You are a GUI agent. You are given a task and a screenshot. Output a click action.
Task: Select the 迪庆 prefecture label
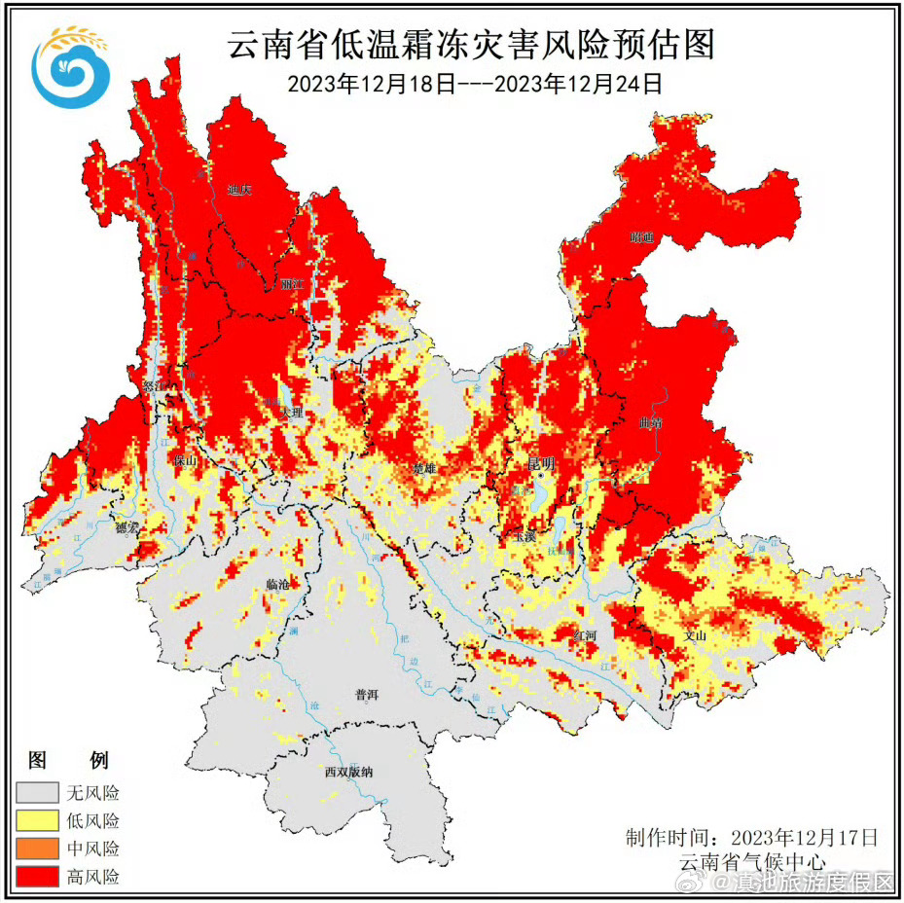(238, 190)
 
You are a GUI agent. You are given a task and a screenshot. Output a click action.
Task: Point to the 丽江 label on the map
(292, 284)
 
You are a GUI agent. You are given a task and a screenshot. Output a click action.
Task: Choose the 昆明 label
(540, 461)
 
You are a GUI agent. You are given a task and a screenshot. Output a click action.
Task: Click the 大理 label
(291, 414)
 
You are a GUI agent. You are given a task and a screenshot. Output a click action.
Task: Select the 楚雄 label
(424, 468)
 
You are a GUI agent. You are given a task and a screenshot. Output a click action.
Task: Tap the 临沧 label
(277, 584)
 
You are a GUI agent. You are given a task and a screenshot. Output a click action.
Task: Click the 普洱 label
(367, 695)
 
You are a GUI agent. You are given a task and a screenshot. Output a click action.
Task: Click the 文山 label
(695, 634)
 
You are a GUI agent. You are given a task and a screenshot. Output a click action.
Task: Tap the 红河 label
(586, 633)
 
